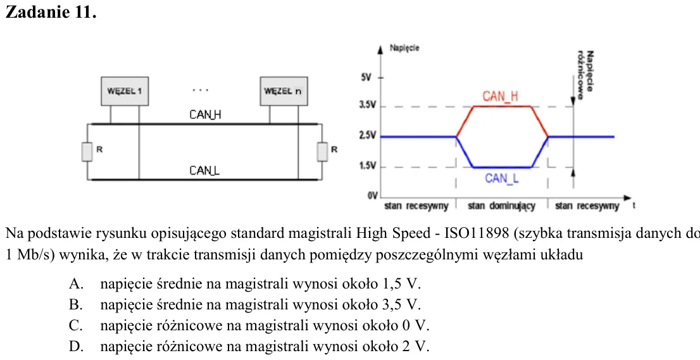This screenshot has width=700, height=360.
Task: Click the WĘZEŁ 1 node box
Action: click(x=125, y=91)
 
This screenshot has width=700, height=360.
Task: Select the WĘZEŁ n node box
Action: click(x=284, y=91)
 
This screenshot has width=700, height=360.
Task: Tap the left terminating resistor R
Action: click(x=87, y=152)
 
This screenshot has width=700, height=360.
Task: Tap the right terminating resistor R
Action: click(x=322, y=152)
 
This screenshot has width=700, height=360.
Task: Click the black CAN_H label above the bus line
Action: click(x=205, y=115)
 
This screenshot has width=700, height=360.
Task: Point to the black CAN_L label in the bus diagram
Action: click(x=204, y=171)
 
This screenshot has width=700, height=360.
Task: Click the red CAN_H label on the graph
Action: click(x=501, y=96)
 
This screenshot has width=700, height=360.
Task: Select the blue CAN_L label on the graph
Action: click(x=502, y=178)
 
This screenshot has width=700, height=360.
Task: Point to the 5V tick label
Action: click(x=366, y=78)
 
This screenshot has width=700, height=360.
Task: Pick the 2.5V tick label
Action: click(x=368, y=135)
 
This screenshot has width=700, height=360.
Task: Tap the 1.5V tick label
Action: click(x=368, y=166)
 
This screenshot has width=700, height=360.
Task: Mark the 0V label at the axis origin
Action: click(x=373, y=196)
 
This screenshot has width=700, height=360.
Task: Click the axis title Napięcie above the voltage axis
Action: click(x=404, y=48)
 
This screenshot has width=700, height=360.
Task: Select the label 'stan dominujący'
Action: click(x=501, y=206)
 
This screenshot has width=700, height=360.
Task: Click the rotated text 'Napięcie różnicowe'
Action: click(x=585, y=71)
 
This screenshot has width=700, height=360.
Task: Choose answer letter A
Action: click(x=74, y=283)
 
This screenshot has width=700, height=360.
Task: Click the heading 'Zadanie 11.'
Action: click(x=51, y=12)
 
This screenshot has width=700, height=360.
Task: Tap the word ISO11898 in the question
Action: click(x=475, y=233)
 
